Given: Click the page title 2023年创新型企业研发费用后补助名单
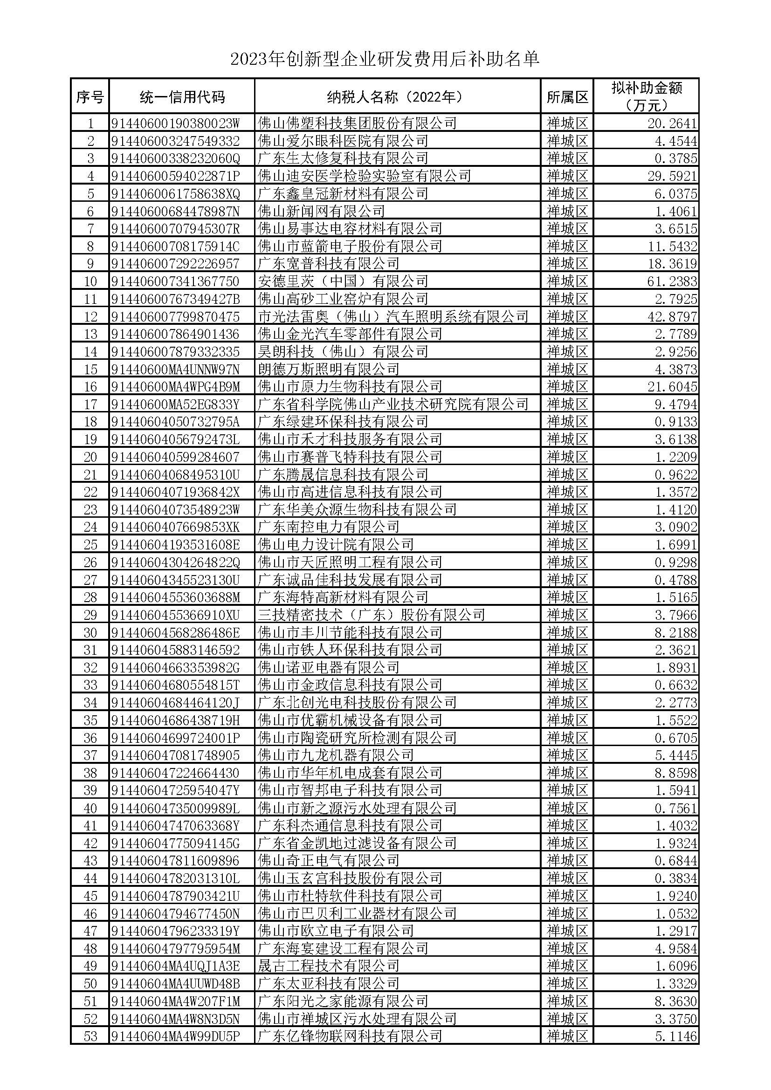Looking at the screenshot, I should pos(385,59).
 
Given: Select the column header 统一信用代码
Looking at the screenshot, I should pos(182,97).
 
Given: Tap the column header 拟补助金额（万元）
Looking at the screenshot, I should pos(646,96).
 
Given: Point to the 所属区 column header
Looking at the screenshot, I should pos(567,97).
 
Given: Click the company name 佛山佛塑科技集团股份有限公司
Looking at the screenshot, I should pos(357,123).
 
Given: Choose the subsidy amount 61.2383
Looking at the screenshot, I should pos(672,281).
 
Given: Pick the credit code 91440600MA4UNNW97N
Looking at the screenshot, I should pos(175,370).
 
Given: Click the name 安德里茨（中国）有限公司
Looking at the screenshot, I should pos(343,281).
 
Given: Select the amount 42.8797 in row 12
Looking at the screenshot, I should pos(672,316).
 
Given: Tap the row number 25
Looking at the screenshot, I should pos(90,544).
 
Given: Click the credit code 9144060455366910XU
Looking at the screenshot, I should pos(175,615).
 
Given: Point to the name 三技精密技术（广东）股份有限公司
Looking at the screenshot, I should pos(371,615).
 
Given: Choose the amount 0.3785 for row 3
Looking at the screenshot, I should pos(675,158).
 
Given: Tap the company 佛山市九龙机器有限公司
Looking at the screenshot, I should pos(336,756).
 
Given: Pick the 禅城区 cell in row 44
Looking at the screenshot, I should pos(567,879).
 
